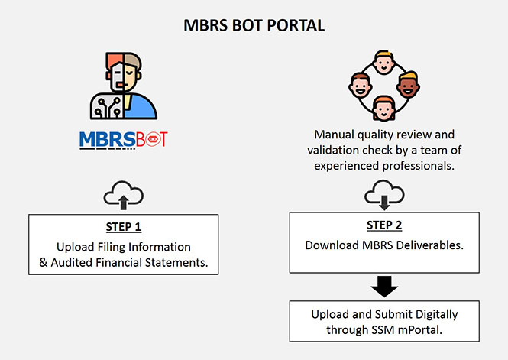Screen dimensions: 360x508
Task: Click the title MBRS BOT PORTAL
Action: coord(254,25)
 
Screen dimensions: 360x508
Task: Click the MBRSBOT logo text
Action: coord(123,140)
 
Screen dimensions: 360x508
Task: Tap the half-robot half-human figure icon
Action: coord(123,85)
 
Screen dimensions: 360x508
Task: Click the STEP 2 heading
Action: coord(385,227)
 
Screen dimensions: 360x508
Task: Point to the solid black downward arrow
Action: coord(385,285)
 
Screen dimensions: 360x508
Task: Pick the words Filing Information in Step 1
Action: coord(145,247)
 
